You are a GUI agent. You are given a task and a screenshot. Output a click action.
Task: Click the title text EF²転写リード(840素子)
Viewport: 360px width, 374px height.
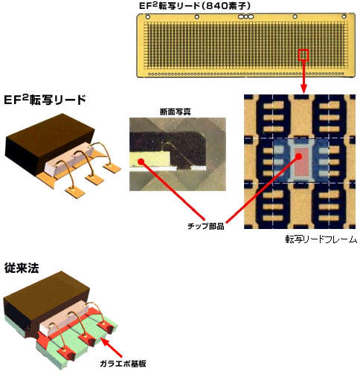[x=195, y=6]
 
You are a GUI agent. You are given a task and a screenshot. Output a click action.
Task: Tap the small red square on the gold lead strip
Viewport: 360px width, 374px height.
[x=303, y=55]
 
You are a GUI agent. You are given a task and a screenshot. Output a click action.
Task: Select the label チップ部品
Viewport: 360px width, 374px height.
[x=206, y=226]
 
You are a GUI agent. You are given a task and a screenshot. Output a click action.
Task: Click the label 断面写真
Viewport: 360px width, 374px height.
[x=176, y=112]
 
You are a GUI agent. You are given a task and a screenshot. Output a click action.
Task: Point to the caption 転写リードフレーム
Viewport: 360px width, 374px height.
[x=321, y=239]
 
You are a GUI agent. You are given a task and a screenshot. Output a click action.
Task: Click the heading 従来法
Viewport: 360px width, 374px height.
[x=22, y=268]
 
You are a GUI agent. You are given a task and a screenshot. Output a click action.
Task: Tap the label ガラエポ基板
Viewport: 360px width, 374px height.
[x=123, y=364]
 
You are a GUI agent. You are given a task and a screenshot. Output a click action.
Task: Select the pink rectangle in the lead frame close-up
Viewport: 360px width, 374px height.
[x=301, y=161]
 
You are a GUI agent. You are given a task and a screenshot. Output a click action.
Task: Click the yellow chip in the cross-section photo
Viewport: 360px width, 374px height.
[x=150, y=159]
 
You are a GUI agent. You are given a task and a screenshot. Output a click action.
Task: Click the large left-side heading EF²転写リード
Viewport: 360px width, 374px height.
[x=45, y=100]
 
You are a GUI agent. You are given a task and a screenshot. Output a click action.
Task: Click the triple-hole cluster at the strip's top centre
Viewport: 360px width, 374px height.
[x=245, y=17]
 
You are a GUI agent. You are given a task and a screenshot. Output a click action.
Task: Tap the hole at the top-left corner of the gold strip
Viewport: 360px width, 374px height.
[x=148, y=17]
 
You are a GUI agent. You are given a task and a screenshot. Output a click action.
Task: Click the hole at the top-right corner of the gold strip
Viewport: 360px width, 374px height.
[x=344, y=16]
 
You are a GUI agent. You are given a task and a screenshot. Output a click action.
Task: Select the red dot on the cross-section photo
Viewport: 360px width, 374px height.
[x=141, y=161]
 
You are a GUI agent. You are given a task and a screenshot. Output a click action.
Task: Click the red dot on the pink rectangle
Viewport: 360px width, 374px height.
[x=299, y=156]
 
